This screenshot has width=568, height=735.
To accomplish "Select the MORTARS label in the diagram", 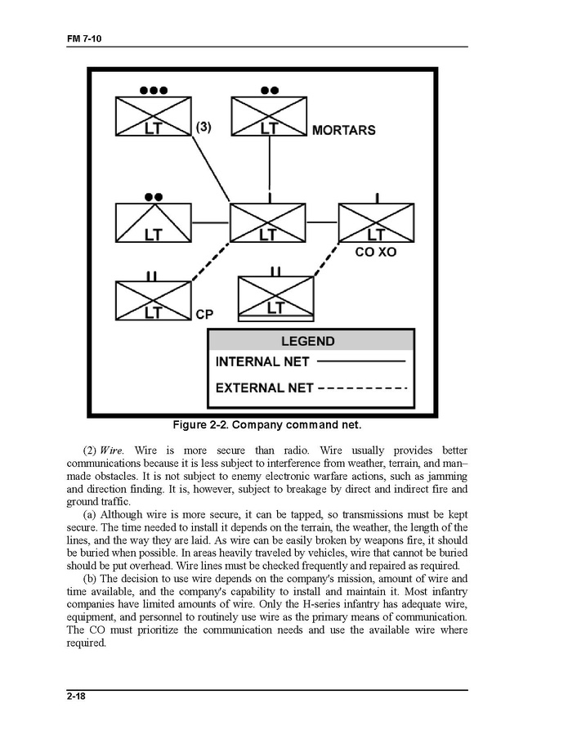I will point(343,130).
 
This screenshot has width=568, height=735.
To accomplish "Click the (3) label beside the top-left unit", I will point(204,128).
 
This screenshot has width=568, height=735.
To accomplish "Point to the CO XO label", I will point(375,253).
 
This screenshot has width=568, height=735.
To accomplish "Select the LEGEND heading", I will point(308,341).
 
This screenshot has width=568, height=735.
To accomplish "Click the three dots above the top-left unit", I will point(154,90).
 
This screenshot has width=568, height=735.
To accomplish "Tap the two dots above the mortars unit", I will point(269,90).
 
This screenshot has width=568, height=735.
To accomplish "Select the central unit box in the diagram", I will point(267,222).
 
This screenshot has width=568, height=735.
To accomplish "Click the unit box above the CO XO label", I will point(376,222).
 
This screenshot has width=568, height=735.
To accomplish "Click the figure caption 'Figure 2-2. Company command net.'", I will point(266,425).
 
